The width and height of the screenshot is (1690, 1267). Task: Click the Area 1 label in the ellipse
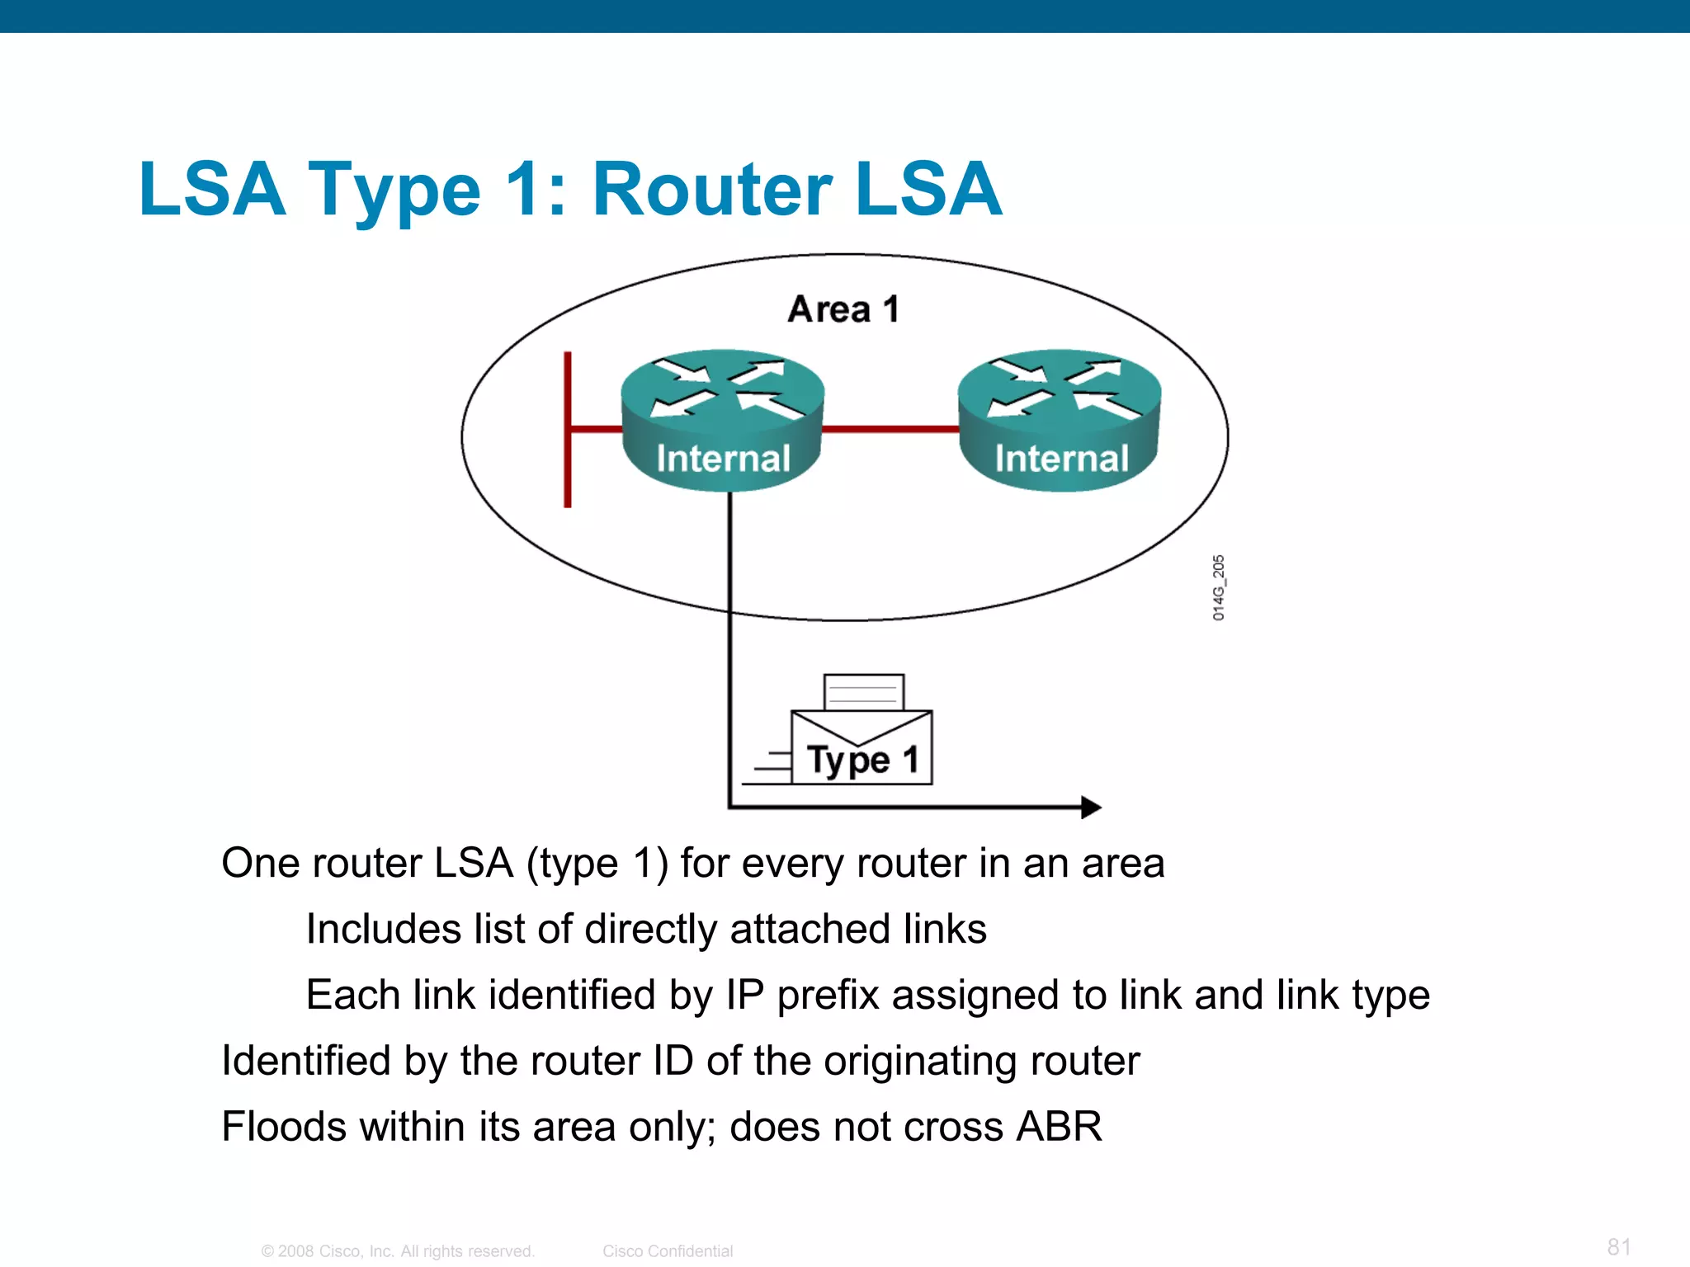coord(843,310)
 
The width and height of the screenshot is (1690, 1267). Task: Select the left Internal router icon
coord(722,420)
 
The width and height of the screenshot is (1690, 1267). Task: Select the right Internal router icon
coord(1060,420)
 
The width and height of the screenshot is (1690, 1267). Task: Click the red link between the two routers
coord(890,429)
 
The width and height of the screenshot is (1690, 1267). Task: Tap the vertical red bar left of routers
coord(568,429)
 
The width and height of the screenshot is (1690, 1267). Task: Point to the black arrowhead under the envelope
coord(1090,807)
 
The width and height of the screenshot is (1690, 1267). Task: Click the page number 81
coord(1619,1246)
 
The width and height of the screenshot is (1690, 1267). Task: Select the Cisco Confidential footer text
coord(667,1251)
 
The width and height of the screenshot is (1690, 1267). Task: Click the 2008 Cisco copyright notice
coord(398,1251)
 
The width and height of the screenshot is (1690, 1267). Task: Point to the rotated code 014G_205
coord(1219,587)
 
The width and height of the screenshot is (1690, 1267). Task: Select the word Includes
coord(383,930)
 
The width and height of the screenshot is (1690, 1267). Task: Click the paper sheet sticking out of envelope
coord(863,691)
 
